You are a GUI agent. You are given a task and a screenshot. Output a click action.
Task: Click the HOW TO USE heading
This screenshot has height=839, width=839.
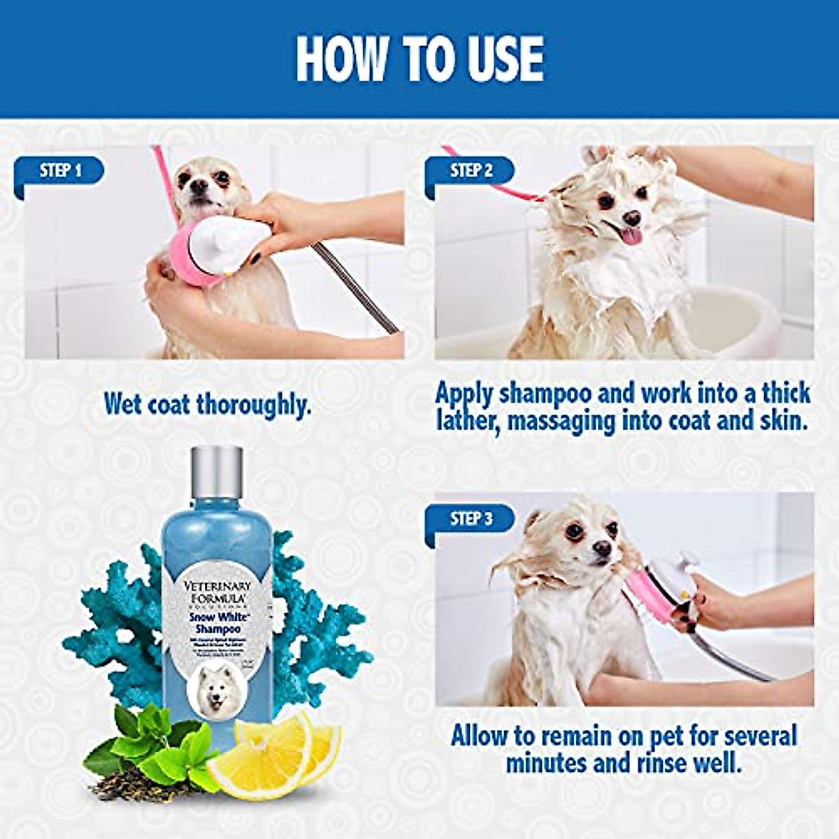419,59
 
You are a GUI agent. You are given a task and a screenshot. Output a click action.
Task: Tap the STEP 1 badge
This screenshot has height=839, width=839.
61,170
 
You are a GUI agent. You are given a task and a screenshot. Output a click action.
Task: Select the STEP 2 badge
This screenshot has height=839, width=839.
471,170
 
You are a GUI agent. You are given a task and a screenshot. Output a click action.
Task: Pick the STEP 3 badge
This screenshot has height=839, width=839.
471,518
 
